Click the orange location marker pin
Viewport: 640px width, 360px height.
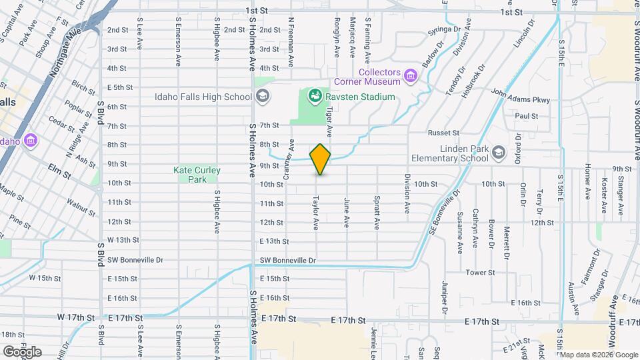pyautogui.click(x=321, y=159)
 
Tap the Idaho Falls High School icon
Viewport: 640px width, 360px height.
pyautogui.click(x=263, y=97)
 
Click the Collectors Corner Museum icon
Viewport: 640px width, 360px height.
pyautogui.click(x=411, y=77)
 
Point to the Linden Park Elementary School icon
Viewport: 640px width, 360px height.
pyautogui.click(x=498, y=153)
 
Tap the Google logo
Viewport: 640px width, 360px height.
pyautogui.click(x=21, y=352)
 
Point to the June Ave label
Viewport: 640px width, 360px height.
pyautogui.click(x=347, y=212)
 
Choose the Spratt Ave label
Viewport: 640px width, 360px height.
pyautogui.click(x=377, y=212)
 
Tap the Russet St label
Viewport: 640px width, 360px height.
pyautogui.click(x=444, y=133)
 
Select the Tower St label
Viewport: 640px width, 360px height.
pyautogui.click(x=480, y=273)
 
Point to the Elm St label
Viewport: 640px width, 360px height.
pyautogui.click(x=59, y=173)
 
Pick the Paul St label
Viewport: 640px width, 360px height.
pyautogui.click(x=526, y=116)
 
